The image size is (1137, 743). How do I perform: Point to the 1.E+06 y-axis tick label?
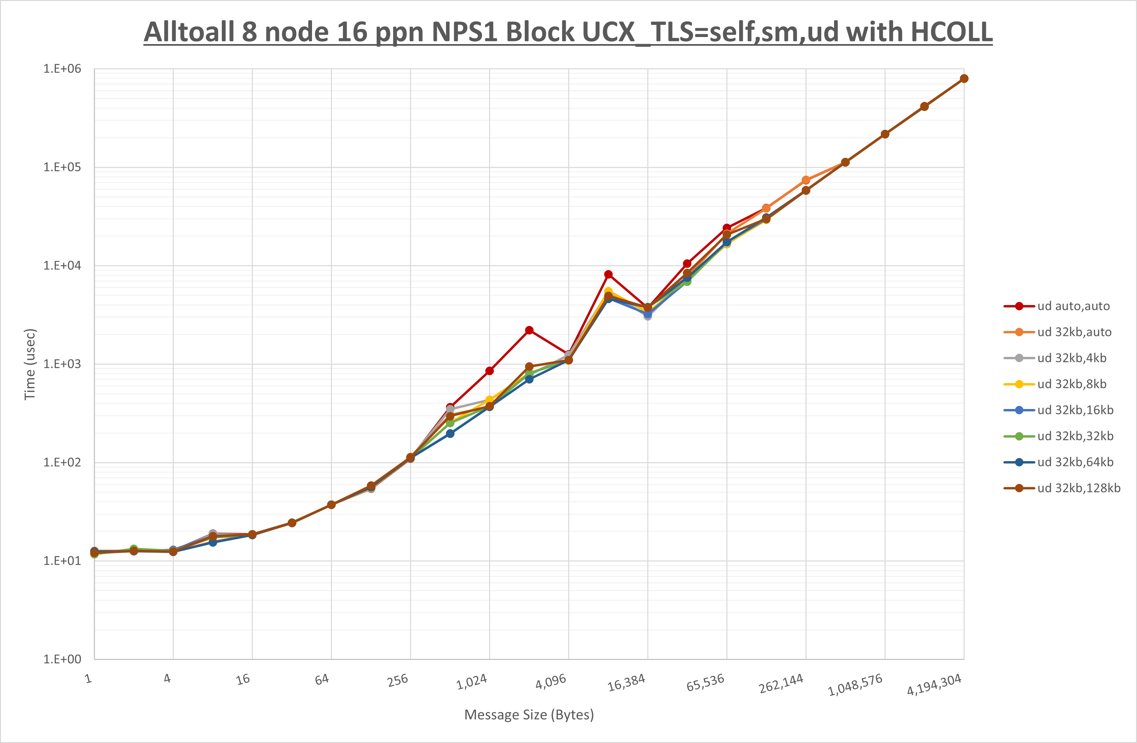62,69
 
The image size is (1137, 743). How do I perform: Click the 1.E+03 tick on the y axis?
62,364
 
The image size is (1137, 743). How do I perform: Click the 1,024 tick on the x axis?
472,682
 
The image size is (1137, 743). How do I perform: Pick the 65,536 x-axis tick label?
705,683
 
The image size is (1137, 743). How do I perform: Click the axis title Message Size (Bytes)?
529,715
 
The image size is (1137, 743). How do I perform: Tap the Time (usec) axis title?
30,364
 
